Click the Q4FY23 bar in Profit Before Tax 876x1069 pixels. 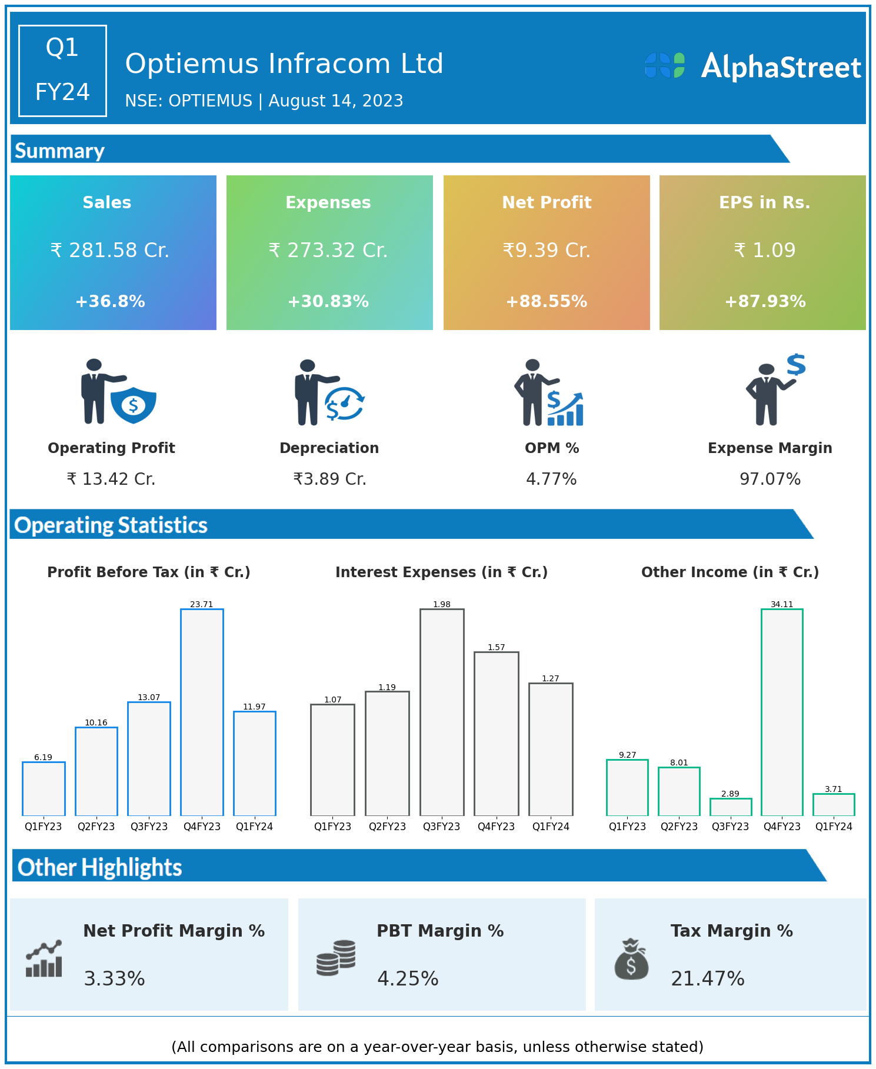click(x=202, y=712)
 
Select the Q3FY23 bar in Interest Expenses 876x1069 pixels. click(x=442, y=712)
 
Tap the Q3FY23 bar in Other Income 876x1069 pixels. click(x=730, y=807)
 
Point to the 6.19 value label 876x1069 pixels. click(x=43, y=757)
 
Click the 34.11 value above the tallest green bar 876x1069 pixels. click(x=782, y=604)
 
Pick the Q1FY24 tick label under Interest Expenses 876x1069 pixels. click(x=551, y=827)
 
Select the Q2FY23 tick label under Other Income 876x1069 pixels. click(x=679, y=827)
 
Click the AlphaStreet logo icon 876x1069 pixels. click(x=665, y=65)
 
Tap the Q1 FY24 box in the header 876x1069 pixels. click(x=62, y=71)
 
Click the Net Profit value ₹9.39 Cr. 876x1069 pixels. click(x=546, y=250)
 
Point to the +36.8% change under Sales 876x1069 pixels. click(x=110, y=301)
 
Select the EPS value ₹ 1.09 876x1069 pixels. click(x=764, y=250)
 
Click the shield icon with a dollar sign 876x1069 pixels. click(x=134, y=405)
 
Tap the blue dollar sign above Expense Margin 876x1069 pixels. click(x=796, y=365)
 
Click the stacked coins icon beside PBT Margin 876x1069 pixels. click(x=336, y=958)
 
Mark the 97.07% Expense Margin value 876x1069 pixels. click(x=770, y=479)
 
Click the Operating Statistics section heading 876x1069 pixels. click(x=111, y=525)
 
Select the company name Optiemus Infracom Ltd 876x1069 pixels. click(x=284, y=64)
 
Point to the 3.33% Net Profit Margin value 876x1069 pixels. click(x=114, y=978)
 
